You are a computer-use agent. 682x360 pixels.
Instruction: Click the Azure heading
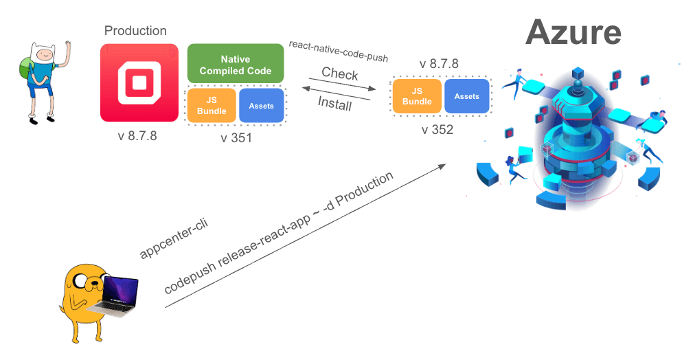coord(573,32)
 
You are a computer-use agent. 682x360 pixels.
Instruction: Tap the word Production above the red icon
coord(135,31)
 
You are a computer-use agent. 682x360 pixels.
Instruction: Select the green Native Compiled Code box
coord(236,65)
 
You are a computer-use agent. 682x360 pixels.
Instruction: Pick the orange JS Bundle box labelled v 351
coord(212,106)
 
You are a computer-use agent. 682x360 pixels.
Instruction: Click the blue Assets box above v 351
coord(261,106)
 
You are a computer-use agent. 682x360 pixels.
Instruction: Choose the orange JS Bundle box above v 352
coord(416,96)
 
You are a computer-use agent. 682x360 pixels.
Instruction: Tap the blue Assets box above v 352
coord(466,96)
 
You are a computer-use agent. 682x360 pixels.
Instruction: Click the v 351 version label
coord(236,137)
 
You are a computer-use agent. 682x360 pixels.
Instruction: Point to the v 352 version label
coord(437,129)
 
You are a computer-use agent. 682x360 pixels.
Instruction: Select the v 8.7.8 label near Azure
coord(439,64)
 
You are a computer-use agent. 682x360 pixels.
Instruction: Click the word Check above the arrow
coord(339,74)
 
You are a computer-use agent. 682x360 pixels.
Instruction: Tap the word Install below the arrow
coord(334,104)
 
